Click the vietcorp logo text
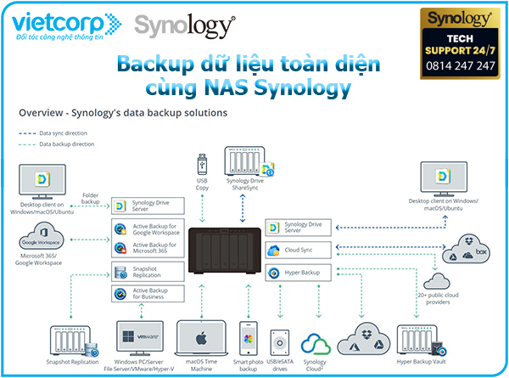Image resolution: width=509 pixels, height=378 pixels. [x=53, y=23]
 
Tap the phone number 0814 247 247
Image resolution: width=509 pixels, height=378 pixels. [x=460, y=65]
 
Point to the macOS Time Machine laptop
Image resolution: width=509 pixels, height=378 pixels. [x=201, y=335]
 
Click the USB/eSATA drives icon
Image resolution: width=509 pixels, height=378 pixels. [x=281, y=338]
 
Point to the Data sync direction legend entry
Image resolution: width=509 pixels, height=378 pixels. [x=62, y=133]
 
